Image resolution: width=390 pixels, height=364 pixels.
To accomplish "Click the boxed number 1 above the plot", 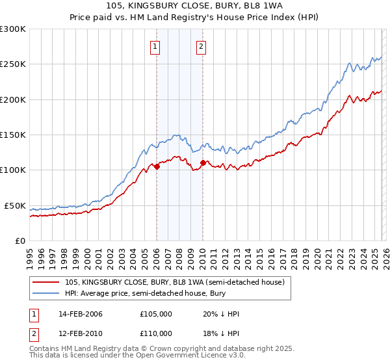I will point(156,46).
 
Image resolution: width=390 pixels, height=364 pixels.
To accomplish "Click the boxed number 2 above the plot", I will point(201,46).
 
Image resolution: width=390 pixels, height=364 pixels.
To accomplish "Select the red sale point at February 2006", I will point(157,166).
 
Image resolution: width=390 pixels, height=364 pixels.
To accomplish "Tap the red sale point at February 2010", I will point(203,163).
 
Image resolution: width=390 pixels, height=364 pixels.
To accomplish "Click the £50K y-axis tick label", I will point(15,205).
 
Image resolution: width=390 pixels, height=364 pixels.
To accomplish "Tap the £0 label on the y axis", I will point(20,240).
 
